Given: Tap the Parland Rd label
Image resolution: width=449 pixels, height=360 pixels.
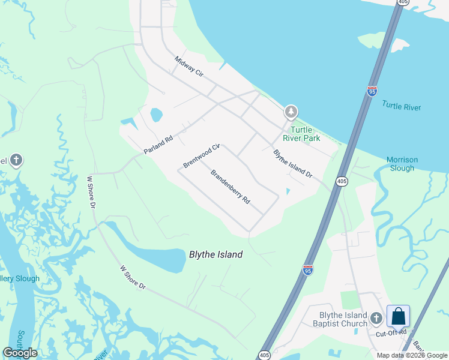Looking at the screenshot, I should click(x=158, y=145).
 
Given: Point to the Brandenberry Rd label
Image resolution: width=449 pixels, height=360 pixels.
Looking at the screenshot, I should click(x=230, y=187).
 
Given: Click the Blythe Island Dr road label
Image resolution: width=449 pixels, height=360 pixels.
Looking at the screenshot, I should click(x=293, y=164).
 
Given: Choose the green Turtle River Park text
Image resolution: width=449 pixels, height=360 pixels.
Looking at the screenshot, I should click(x=305, y=134).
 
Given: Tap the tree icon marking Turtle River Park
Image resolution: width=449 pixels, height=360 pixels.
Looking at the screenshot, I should click(x=291, y=112).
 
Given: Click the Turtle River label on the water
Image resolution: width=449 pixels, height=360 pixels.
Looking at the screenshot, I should click(x=402, y=107).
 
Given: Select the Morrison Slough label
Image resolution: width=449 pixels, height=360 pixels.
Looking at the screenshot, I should click(x=402, y=164).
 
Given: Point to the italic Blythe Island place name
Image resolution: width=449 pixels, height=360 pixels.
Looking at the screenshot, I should click(x=215, y=254).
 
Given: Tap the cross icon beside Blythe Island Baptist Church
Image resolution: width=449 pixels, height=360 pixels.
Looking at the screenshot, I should click(x=376, y=317).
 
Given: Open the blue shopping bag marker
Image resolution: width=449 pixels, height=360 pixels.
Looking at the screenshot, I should click(x=398, y=316).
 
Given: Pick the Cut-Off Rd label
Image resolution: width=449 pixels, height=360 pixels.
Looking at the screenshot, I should click(x=391, y=332).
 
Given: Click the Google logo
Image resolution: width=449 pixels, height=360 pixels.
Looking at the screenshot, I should click(x=20, y=353).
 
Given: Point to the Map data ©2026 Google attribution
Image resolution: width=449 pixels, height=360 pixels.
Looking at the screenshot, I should click(x=412, y=355).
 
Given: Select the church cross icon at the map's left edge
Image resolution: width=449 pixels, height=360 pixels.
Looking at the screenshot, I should click(x=16, y=160).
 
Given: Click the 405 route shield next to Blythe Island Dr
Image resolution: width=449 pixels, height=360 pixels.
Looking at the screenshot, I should click(x=341, y=181).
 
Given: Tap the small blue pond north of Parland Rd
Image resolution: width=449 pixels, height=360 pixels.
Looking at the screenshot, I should click(x=156, y=114).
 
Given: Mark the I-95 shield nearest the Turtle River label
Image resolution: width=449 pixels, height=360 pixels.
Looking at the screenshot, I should click(x=372, y=91).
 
